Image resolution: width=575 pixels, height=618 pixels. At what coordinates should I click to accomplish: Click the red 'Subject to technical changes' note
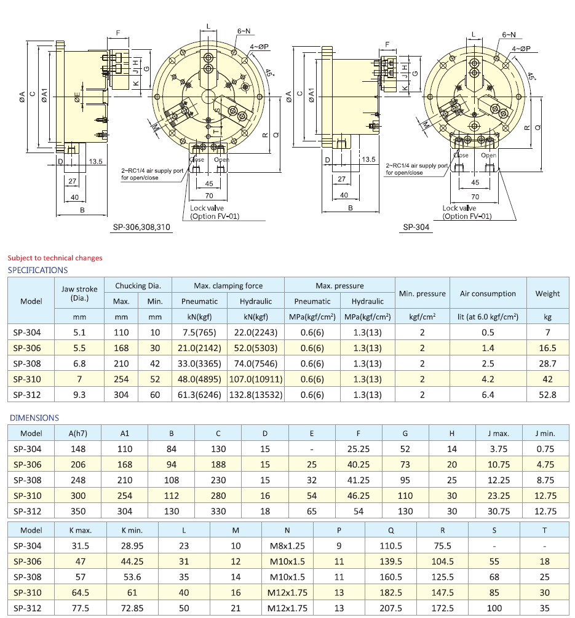pos(55,258)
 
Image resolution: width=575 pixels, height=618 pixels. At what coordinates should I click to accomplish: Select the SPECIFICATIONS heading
pos(38,270)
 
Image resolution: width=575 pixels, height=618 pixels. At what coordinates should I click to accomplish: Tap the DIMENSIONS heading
pos(34,418)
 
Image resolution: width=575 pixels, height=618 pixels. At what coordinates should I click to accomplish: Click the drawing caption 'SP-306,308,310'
pos(141,228)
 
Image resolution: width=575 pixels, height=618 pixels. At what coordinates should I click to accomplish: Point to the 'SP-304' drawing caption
pos(416,228)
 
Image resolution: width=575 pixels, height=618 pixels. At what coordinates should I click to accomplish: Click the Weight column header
pos(547,293)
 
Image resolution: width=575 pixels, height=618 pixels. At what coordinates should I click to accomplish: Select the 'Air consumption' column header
pos(488,293)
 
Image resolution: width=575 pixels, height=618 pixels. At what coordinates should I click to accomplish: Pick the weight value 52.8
pos(547,395)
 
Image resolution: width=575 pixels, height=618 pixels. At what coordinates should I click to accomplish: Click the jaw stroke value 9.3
pos(80,395)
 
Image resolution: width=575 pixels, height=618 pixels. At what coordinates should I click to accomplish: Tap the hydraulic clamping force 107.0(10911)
pos(256,379)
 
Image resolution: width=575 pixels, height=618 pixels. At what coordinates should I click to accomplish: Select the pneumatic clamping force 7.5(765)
pos(200,333)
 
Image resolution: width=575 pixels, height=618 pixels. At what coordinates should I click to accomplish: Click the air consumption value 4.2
pos(488,379)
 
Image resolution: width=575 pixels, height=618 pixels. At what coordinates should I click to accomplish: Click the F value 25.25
pos(359,449)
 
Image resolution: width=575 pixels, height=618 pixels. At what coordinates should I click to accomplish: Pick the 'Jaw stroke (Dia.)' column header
pos(80,293)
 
